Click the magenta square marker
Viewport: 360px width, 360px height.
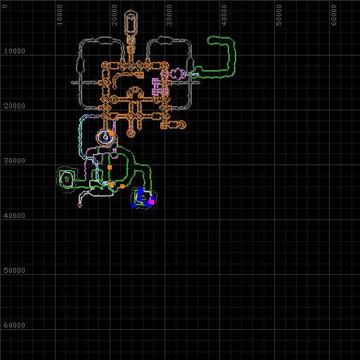coord(151,202)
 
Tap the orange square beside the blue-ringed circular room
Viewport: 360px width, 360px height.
coord(111,133)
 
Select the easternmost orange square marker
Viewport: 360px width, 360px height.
coord(122,186)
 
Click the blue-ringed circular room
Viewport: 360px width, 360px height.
coord(106,137)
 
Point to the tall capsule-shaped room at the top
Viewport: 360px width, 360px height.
coord(131,23)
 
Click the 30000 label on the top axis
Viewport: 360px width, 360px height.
coord(169,15)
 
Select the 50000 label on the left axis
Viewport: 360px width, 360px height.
coord(14,270)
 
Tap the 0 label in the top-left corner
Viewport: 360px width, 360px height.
coord(5,6)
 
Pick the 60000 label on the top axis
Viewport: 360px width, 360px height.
coord(334,15)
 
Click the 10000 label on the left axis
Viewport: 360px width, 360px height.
coord(14,51)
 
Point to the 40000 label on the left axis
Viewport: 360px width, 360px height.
coord(14,215)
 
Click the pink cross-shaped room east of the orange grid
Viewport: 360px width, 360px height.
coord(177,74)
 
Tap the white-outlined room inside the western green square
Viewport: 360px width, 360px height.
coord(67,179)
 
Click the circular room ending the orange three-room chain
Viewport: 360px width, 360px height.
coord(181,124)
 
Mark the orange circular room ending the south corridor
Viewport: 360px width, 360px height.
coord(131,134)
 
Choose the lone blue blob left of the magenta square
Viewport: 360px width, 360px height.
coord(134,205)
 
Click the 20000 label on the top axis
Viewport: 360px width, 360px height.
coord(114,15)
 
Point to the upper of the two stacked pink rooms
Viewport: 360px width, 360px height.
coord(155,82)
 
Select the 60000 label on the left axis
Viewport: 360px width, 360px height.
coord(14,325)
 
